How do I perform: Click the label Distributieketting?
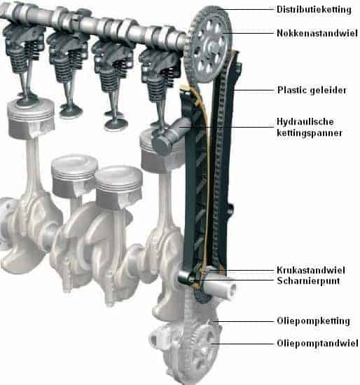pyautogui.click(x=314, y=10)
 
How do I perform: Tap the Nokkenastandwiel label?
pyautogui.click(x=317, y=33)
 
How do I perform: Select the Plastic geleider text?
pyautogui.click(x=312, y=90)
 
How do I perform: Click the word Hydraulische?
pyautogui.click(x=305, y=121)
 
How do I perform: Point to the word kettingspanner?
pyautogui.click(x=310, y=133)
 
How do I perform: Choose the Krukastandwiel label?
pyautogui.click(x=311, y=270)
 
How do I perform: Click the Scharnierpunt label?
pyautogui.click(x=308, y=281)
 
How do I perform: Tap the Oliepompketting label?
pyautogui.click(x=313, y=321)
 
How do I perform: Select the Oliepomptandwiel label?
pyautogui.click(x=317, y=343)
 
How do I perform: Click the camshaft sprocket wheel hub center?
pyautogui.click(x=210, y=46)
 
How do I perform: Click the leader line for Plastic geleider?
pyautogui.click(x=254, y=90)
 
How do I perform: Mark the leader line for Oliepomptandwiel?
pyautogui.click(x=242, y=344)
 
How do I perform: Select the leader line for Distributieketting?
pyautogui.click(x=246, y=10)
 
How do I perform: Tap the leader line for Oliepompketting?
pyautogui.click(x=244, y=321)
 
